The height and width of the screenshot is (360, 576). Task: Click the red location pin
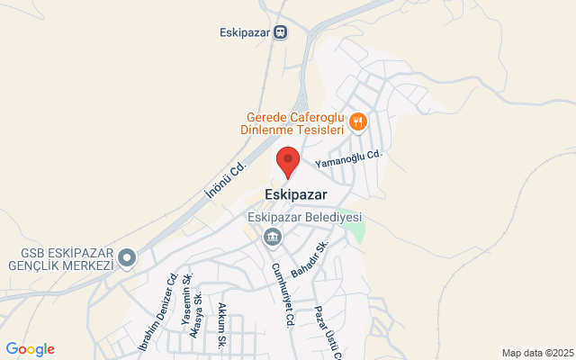pos(287,160)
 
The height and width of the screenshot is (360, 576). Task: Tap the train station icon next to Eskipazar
pos(281,33)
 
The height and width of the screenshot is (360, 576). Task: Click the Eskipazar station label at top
pos(244,33)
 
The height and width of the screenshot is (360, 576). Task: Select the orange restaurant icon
pos(358,121)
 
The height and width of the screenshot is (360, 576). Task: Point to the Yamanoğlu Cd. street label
pos(348,159)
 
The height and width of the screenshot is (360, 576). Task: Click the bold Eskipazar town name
pos(296,193)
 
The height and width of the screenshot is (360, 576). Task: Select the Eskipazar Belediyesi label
pos(304,218)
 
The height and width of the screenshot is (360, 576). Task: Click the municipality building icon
pos(271,238)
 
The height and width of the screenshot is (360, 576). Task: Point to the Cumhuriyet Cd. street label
pos(282,286)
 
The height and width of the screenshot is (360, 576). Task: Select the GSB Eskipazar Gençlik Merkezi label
pos(58,259)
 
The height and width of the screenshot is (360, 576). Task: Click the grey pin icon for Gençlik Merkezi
pos(128,259)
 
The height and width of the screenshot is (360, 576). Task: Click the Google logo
pos(30,349)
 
